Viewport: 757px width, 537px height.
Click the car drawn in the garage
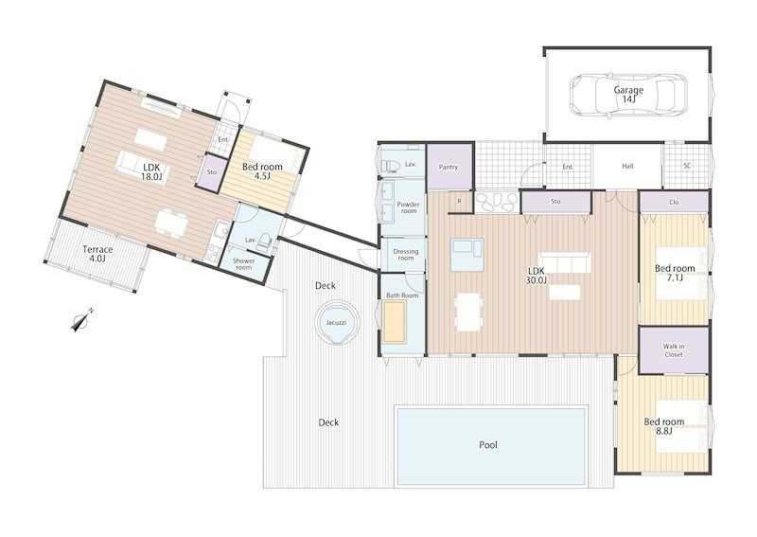click(627, 95)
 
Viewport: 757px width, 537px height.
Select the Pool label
click(488, 445)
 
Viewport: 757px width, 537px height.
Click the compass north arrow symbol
click(81, 320)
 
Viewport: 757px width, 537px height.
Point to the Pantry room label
click(449, 167)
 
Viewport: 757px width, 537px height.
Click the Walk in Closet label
click(674, 350)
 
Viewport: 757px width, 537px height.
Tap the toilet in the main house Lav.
click(390, 166)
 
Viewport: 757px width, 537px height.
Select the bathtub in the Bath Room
click(395, 321)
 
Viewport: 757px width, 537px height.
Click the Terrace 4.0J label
click(97, 254)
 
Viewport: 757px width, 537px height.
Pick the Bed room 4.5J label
click(262, 171)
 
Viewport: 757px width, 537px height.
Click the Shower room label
click(244, 264)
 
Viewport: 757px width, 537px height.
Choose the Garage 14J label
click(628, 95)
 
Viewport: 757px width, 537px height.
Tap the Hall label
click(627, 166)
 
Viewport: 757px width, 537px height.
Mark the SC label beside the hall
click(687, 166)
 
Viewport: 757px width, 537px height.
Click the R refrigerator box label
click(459, 201)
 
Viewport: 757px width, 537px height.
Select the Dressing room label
click(406, 255)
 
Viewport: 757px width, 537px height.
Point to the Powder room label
click(409, 207)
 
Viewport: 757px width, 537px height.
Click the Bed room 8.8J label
click(664, 426)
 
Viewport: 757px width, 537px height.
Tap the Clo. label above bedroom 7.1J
click(675, 202)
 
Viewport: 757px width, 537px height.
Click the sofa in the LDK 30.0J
click(564, 262)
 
